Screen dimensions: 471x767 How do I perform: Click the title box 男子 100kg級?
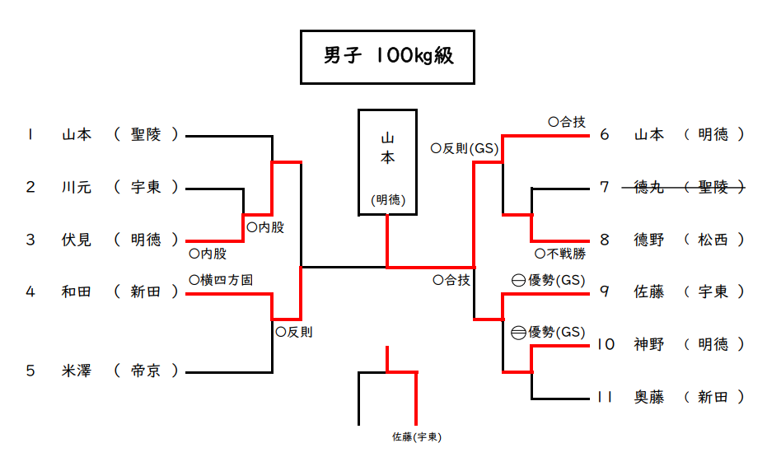[x=387, y=57]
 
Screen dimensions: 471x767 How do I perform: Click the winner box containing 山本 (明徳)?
[x=387, y=161]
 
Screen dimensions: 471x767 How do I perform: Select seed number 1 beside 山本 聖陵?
[x=30, y=134]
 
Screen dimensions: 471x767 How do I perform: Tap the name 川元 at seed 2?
[x=77, y=187]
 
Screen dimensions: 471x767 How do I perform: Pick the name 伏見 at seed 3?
[x=77, y=240]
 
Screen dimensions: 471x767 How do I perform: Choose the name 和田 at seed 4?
[x=77, y=291]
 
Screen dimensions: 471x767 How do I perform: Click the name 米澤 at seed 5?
[x=77, y=371]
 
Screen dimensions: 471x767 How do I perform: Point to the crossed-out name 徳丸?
[x=649, y=187]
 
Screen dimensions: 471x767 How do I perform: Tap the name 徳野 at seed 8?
[x=649, y=240]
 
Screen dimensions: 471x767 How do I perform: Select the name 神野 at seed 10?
[x=649, y=344]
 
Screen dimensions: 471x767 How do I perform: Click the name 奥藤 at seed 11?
[x=649, y=397]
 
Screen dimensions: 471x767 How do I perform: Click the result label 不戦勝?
[x=561, y=254]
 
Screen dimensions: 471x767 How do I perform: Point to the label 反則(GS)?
[x=465, y=149]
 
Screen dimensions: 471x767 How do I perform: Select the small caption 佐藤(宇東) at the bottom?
[x=417, y=437]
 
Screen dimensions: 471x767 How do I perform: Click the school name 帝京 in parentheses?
[x=147, y=371]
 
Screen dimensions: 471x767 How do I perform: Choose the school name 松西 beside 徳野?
[x=713, y=240]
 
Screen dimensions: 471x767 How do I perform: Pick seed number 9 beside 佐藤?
[x=605, y=291]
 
